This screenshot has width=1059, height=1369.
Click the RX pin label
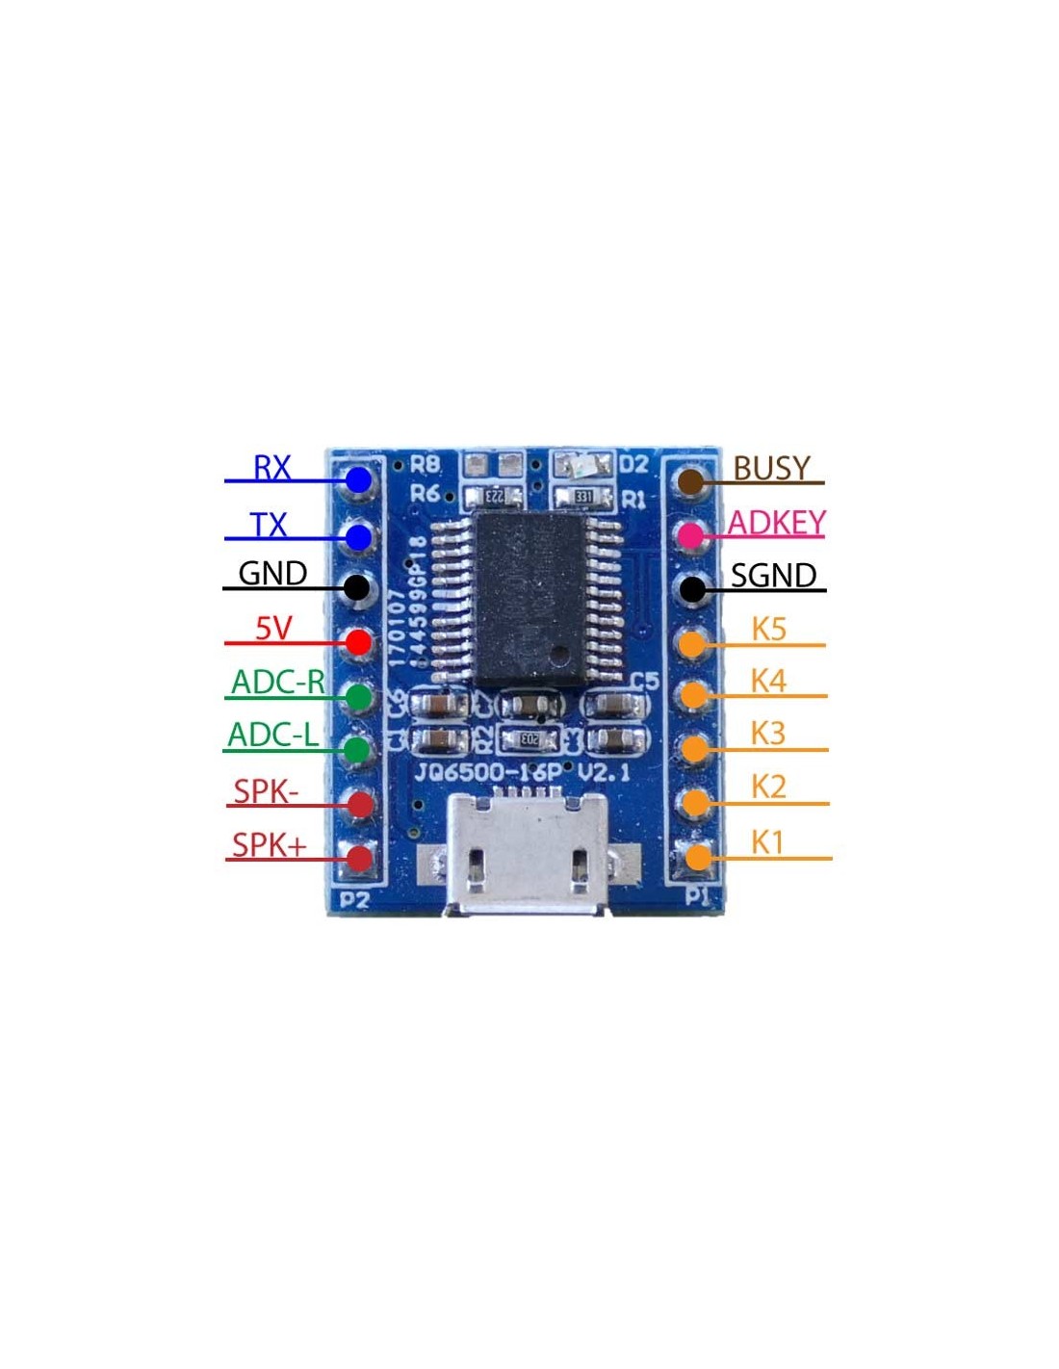(x=271, y=468)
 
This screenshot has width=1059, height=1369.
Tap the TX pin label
(x=269, y=525)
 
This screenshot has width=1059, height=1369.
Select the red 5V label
(x=272, y=629)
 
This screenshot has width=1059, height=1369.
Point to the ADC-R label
(x=278, y=682)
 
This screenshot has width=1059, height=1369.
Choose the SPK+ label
(x=269, y=844)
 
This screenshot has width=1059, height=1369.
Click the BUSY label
(x=771, y=468)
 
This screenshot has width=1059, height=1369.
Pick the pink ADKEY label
(x=776, y=522)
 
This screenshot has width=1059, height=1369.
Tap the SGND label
(x=773, y=576)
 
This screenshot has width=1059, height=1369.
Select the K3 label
(x=768, y=734)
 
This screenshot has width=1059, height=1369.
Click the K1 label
(x=767, y=842)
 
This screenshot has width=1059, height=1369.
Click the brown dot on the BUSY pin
(x=691, y=481)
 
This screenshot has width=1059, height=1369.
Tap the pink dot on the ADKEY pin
(x=692, y=534)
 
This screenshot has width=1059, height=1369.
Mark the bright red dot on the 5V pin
(x=358, y=641)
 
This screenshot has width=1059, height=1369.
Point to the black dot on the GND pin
(x=356, y=586)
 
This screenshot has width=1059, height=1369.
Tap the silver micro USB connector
(x=526, y=855)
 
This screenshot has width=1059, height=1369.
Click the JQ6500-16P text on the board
(x=488, y=772)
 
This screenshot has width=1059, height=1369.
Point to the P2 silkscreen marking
(x=354, y=900)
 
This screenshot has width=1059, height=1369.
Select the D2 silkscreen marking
(x=633, y=465)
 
